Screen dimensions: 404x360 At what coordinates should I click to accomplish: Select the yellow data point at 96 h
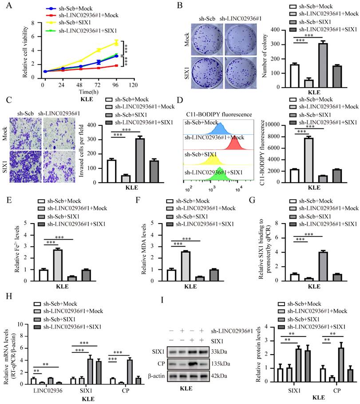click(116, 43)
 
